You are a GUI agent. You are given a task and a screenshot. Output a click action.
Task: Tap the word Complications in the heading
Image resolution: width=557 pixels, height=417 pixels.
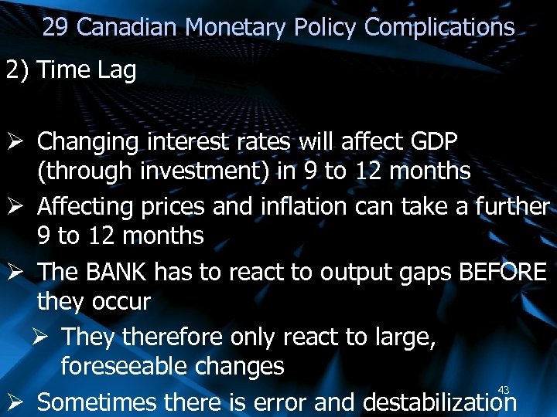click(439, 28)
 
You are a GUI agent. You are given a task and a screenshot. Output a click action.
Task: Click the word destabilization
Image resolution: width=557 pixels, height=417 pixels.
click(439, 402)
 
